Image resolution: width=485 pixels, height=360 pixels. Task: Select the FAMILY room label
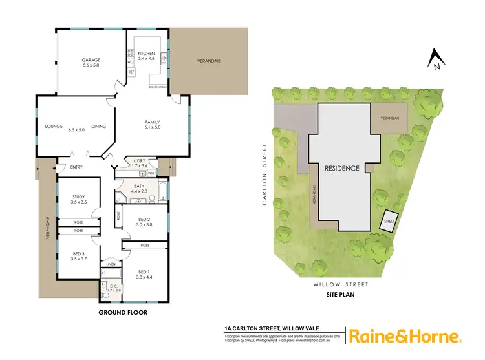click(x=153, y=122)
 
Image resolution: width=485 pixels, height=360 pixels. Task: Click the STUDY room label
click(x=77, y=196)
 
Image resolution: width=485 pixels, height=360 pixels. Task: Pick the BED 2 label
click(x=144, y=219)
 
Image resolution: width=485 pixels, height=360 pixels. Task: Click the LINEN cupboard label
click(x=110, y=264)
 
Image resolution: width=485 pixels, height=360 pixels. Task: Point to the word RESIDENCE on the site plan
click(x=341, y=168)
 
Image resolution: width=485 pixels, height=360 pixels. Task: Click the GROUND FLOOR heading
click(x=123, y=312)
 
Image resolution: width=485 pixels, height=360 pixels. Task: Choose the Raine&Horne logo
click(x=405, y=337)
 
